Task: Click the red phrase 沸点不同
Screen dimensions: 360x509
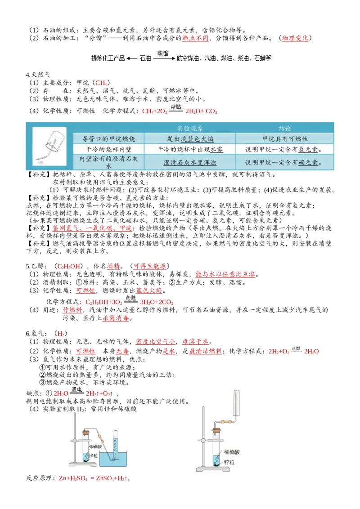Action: pos(195,38)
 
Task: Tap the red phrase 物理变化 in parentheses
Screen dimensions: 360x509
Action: pos(295,38)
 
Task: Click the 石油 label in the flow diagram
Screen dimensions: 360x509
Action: pos(145,58)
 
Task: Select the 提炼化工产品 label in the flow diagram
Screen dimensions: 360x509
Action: pos(108,58)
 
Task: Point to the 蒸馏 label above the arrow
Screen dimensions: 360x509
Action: pos(163,53)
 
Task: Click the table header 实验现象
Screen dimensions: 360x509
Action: pos(190,128)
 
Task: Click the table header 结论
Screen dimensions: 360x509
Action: pos(284,128)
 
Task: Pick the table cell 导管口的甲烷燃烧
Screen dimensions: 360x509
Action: pos(108,139)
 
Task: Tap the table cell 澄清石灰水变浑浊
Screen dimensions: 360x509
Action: pos(190,162)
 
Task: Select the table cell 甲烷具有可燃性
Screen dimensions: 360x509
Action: pos(284,139)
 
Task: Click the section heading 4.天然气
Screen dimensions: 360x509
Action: pos(38,75)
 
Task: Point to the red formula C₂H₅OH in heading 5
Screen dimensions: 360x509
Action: pos(68,267)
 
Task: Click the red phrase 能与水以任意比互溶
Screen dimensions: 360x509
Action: pos(225,274)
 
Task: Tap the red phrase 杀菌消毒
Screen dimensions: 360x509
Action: pos(116,318)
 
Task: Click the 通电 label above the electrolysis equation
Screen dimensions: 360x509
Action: pos(76,389)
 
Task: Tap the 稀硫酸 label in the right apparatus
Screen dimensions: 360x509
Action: pos(232,452)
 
